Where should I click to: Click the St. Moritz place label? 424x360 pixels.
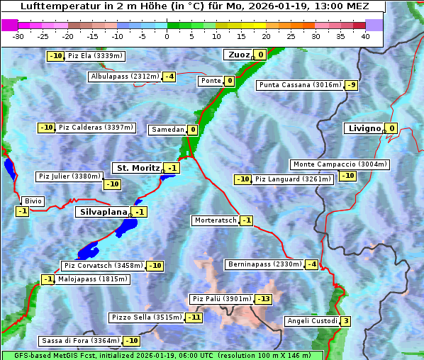pyautogui.click(x=138, y=168)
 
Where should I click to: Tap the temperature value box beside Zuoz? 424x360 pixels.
pyautogui.click(x=260, y=55)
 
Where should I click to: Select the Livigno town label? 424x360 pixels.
pyautogui.click(x=364, y=128)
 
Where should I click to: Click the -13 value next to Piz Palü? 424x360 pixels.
pyautogui.click(x=263, y=299)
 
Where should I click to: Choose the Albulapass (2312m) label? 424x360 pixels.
pyautogui.click(x=124, y=77)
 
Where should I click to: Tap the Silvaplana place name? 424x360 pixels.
pyautogui.click(x=103, y=212)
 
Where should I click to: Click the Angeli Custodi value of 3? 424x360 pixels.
pyautogui.click(x=345, y=321)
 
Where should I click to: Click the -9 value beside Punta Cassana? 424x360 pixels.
pyautogui.click(x=351, y=86)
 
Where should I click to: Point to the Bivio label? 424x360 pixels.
pyautogui.click(x=33, y=201)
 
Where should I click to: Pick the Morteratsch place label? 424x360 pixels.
pyautogui.click(x=215, y=220)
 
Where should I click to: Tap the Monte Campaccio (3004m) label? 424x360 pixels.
pyautogui.click(x=340, y=164)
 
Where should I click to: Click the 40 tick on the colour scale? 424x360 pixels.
pyautogui.click(x=365, y=36)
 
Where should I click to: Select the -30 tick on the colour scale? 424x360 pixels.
pyautogui.click(x=18, y=36)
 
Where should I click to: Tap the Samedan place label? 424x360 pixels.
pyautogui.click(x=167, y=130)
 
